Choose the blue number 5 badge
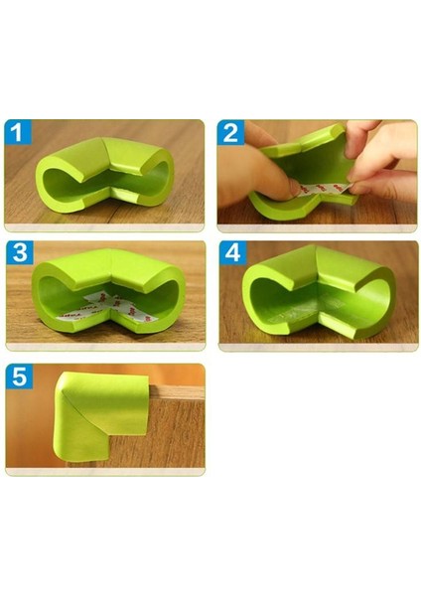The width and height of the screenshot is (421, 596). coord(17,376)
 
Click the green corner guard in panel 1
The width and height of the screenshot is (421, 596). coord(104,175)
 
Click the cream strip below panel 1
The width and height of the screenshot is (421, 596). coord(104,227)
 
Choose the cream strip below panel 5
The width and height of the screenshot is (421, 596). coord(104,471)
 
